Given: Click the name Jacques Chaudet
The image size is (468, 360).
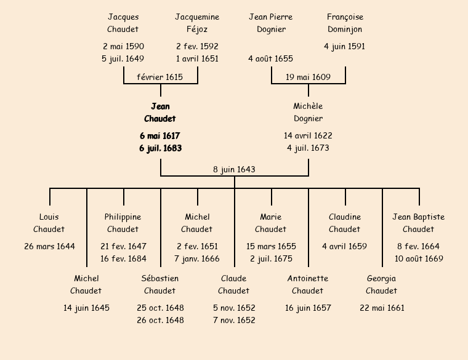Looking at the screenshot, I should pyautogui.click(x=123, y=23).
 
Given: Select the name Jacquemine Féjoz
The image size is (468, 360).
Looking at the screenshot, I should pyautogui.click(x=197, y=23).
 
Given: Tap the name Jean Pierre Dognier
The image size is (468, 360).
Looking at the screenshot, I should pyautogui.click(x=271, y=23).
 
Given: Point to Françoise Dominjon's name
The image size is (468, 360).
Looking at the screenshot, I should pyautogui.click(x=345, y=23).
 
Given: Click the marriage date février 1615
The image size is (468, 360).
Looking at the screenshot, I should pyautogui.click(x=160, y=77).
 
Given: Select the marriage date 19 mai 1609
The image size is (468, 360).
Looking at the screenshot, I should pyautogui.click(x=308, y=77).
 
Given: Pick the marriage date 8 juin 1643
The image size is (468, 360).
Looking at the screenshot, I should pyautogui.click(x=234, y=169).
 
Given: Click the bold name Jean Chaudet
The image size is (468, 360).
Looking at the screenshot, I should pyautogui.click(x=160, y=113).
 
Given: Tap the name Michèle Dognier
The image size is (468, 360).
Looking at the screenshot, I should pyautogui.click(x=308, y=113).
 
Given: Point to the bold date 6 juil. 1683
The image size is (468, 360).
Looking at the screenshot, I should pyautogui.click(x=160, y=148).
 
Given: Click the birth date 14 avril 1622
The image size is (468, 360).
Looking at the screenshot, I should pyautogui.click(x=308, y=135).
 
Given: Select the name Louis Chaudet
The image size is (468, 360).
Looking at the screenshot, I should pyautogui.click(x=49, y=223).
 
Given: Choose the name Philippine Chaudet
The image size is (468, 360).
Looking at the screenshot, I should pyautogui.click(x=123, y=223).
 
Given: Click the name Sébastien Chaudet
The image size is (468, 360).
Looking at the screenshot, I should pyautogui.click(x=160, y=284).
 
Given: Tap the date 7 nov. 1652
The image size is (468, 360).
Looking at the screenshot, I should pyautogui.click(x=234, y=320).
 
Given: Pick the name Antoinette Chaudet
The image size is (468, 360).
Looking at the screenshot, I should pyautogui.click(x=308, y=284).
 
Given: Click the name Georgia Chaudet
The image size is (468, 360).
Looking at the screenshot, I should pyautogui.click(x=382, y=284).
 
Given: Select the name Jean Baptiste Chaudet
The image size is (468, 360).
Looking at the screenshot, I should pyautogui.click(x=419, y=223).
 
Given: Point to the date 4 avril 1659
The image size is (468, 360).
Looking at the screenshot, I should pyautogui.click(x=345, y=246).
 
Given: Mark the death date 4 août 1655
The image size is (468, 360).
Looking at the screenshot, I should pyautogui.click(x=271, y=58).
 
